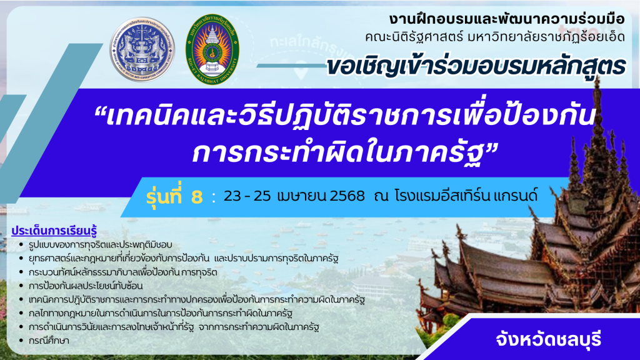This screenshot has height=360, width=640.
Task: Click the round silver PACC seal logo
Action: click(142, 49)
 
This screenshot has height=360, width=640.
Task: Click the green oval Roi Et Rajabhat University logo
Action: click(212, 49)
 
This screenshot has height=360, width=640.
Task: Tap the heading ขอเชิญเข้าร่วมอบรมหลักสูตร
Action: click(476, 66)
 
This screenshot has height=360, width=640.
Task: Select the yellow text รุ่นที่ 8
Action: click(174, 196)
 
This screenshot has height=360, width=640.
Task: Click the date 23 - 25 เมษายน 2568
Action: click(294, 196)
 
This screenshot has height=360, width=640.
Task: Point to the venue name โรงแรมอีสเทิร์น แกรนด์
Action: click(466, 196)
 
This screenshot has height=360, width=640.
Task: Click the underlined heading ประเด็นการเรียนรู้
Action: click(54, 231)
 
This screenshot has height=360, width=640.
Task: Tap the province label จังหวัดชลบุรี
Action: click(549, 339)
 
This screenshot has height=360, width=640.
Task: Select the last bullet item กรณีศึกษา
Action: click(49, 341)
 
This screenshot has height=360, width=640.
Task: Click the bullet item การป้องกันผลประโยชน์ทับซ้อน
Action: click(86, 286)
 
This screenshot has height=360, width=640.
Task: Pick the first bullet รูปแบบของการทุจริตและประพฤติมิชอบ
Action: click(101, 244)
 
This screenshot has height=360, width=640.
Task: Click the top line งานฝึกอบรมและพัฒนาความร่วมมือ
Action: click(507, 19)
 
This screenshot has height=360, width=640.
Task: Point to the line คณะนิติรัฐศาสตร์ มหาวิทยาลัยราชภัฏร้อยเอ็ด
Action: click(495, 37)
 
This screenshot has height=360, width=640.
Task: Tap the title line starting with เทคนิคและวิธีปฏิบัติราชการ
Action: click(345, 116)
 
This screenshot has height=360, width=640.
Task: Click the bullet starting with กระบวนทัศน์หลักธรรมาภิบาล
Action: click(123, 272)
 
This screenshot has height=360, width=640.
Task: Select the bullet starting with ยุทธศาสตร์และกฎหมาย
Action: click(183, 258)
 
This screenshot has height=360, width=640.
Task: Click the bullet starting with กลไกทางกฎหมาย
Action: click(161, 314)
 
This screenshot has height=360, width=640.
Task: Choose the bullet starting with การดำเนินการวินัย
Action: click(174, 327)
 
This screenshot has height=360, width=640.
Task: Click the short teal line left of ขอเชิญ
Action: click(291, 65)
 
